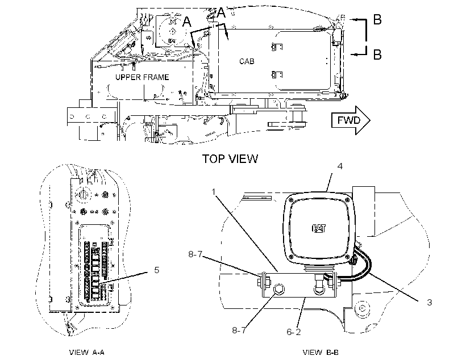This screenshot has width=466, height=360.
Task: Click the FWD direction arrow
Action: (351, 120)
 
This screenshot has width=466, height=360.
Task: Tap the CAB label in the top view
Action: (247, 61)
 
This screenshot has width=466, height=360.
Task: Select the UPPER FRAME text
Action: (142, 77)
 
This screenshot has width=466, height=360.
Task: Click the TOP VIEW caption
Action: (230, 158)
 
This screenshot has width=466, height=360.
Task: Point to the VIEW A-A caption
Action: (87, 353)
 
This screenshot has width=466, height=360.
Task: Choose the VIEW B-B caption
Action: (321, 353)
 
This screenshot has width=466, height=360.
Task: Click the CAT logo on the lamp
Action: (319, 228)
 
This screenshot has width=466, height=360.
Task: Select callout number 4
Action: (340, 166)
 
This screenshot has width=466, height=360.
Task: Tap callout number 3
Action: (430, 303)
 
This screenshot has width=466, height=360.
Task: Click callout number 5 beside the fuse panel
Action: (157, 270)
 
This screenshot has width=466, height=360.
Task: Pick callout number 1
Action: (213, 192)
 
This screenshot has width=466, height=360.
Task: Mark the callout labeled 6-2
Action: (294, 332)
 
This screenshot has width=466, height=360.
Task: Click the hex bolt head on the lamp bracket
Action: (278, 289)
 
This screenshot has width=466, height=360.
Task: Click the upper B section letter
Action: (377, 20)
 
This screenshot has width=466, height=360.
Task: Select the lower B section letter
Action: (377, 55)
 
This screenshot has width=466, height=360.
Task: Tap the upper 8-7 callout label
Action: (195, 254)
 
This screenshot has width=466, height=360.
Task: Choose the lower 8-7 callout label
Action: (239, 330)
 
